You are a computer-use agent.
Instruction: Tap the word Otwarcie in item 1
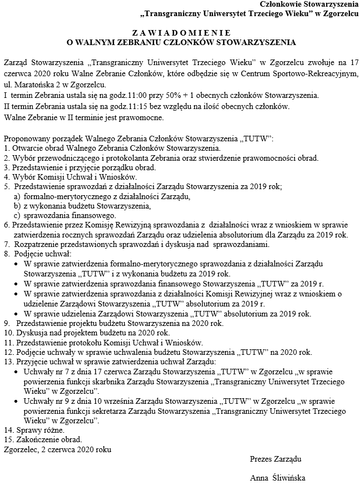pyautogui.click(x=27, y=148)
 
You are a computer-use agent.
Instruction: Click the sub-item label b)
pyautogui.click(x=17, y=206)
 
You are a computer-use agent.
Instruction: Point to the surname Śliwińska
pyautogui.click(x=287, y=478)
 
